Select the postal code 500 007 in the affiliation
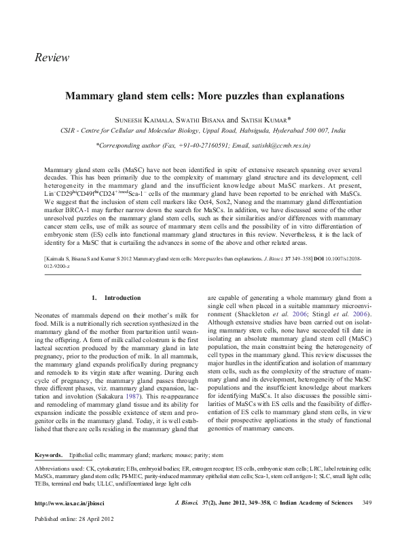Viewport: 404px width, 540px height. pyautogui.click(x=313, y=129)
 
